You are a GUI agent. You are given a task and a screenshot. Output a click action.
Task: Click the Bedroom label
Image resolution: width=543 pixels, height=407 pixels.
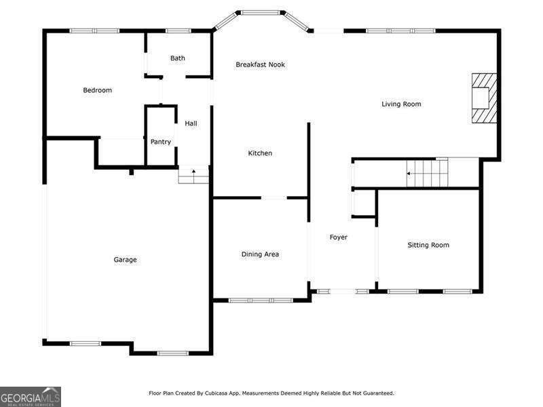pos(97,90)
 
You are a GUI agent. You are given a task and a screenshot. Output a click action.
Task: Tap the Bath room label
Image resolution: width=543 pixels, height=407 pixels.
pos(178,58)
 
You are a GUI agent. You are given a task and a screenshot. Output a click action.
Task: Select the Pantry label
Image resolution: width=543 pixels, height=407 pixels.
pos(161,142)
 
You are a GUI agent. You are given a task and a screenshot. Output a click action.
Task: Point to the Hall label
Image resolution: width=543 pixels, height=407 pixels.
pos(191,123)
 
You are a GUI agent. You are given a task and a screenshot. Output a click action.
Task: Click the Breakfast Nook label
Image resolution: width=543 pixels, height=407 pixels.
pos(260,64)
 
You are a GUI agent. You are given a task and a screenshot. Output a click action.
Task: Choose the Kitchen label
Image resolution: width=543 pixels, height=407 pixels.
pos(260,153)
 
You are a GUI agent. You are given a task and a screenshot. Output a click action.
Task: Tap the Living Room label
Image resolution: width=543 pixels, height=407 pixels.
pos(401,104)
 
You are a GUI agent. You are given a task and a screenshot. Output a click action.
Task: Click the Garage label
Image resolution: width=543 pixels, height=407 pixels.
pos(125,260)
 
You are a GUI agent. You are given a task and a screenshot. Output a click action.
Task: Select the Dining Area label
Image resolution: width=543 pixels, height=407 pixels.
pos(260,254)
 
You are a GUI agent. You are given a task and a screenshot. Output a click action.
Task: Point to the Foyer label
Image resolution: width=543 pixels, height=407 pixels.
pos(339,237)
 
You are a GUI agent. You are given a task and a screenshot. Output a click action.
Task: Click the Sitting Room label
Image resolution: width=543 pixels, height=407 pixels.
pos(428,245)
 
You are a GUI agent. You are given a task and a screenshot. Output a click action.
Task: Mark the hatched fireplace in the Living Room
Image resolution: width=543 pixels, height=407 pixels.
pos(484,98)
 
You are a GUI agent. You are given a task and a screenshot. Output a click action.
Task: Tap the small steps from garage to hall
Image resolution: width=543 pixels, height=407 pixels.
pos(193,176)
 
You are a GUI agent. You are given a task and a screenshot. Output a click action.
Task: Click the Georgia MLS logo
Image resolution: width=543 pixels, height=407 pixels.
pos(31,396)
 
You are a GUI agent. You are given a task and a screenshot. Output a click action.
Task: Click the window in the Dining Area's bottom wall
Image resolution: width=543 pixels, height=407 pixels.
pos(261,300)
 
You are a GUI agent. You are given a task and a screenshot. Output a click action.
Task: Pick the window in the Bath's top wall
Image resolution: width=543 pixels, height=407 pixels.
pos(178,31)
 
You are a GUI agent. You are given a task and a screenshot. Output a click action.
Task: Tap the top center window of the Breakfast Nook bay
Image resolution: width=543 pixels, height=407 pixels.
pos(261,12)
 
